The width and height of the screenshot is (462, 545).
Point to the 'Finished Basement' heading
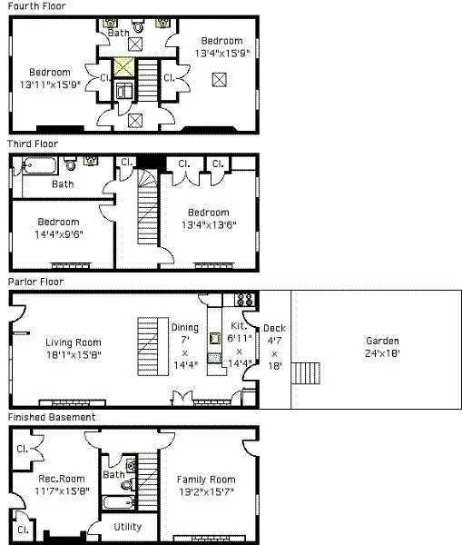(52, 417)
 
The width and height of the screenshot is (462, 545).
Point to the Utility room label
(127, 526)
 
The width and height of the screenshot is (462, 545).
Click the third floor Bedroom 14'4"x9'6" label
(58, 227)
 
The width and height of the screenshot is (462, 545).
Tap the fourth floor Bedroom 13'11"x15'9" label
(49, 78)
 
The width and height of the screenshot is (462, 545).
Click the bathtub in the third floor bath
(41, 165)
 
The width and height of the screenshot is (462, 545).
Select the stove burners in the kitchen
(244, 299)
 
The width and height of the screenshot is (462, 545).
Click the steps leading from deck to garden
(311, 373)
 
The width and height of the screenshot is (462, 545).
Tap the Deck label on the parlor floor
(273, 347)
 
